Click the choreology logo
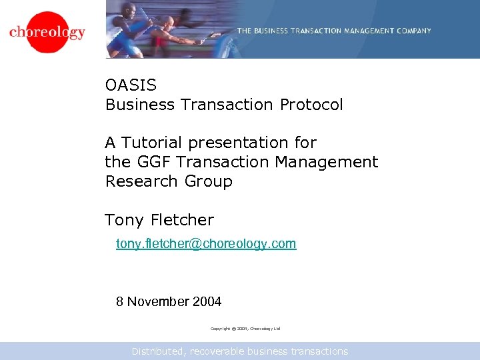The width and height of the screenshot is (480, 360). [x=47, y=32]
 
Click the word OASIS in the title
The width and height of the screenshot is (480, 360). [x=131, y=85]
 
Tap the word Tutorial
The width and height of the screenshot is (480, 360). [x=153, y=143]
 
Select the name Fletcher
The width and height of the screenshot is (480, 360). [x=182, y=220]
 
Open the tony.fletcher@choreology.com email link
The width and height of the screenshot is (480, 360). [x=206, y=244]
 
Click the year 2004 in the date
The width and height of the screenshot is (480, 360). [x=207, y=301]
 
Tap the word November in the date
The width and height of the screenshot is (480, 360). [x=158, y=301]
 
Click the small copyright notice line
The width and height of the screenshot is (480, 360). [x=245, y=329]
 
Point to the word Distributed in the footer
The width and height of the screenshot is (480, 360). [x=159, y=351]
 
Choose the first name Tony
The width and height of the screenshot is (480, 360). [x=124, y=220]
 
